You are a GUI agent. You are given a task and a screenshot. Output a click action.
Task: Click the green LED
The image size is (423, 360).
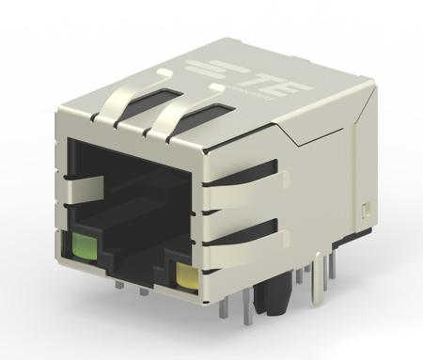click(84, 248)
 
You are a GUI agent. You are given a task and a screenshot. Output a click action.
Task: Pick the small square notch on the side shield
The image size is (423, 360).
click(364, 209)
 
